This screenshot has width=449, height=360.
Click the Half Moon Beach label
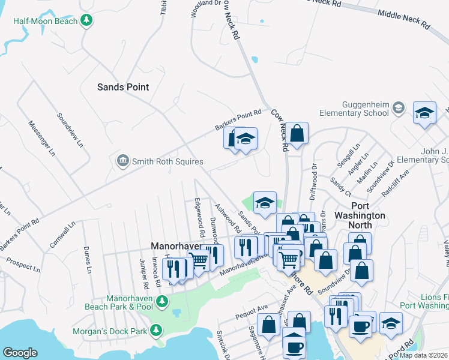pyautogui.click(x=46, y=21)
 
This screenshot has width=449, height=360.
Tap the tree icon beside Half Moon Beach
pyautogui.click(x=87, y=21)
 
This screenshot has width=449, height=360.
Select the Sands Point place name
pyautogui.click(x=122, y=87)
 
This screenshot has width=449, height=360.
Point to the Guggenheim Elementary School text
pyautogui.click(x=351, y=108)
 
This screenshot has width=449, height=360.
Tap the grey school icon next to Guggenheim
pyautogui.click(x=397, y=109)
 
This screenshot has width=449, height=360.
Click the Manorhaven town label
pyautogui.click(x=175, y=246)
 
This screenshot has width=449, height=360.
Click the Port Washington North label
pyautogui.click(x=360, y=220)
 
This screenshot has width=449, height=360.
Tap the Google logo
pyautogui.click(x=20, y=353)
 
